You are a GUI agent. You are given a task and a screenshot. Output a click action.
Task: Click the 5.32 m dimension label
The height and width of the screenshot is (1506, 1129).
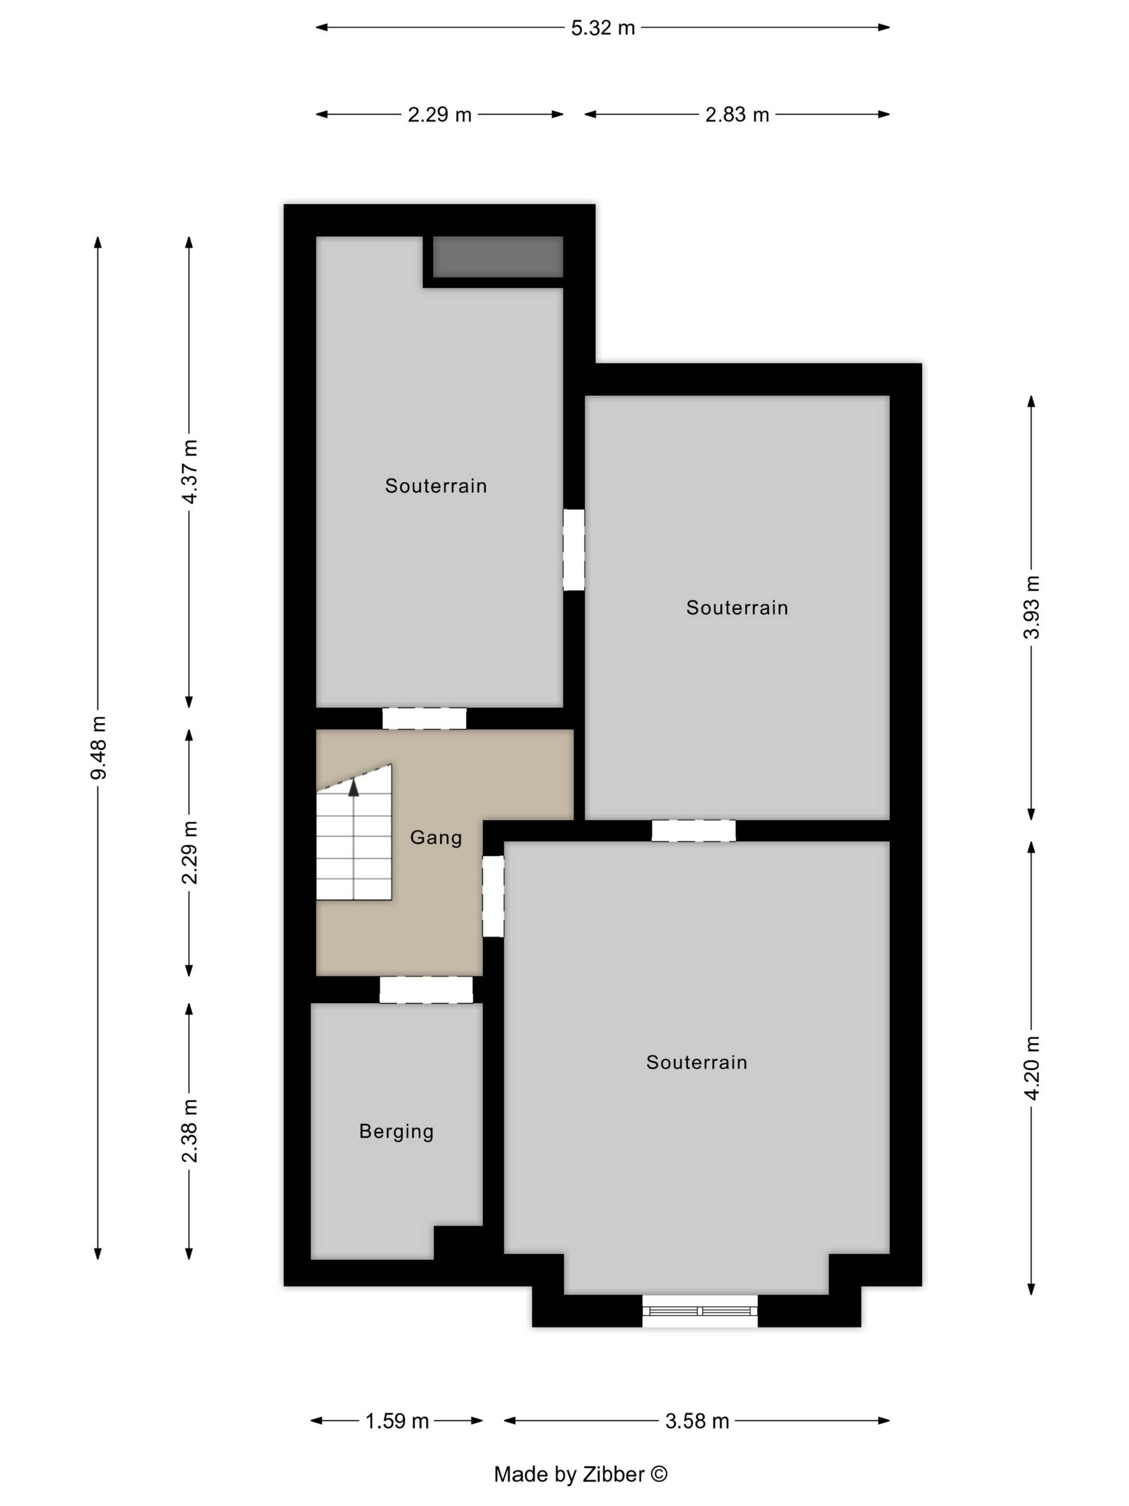coord(602,28)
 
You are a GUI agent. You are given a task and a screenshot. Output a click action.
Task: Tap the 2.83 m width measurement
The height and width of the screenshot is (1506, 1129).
coord(737,115)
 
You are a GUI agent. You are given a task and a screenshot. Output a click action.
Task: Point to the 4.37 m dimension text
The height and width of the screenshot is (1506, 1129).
coord(190,471)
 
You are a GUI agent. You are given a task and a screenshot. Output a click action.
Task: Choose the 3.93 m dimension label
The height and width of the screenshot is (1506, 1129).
coord(1032,607)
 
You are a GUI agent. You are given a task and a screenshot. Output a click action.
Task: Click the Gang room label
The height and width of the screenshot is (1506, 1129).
coord(435,837)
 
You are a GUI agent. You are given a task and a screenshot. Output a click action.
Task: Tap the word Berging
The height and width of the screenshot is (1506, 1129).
coord(396,1131)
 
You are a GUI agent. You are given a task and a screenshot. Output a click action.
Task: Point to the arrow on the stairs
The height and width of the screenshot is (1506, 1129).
coord(353,788)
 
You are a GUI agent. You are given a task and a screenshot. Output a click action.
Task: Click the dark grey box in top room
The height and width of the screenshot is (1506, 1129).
coord(497,257)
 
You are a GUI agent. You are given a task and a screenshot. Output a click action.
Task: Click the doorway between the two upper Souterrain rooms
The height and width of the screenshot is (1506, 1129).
coord(573,550)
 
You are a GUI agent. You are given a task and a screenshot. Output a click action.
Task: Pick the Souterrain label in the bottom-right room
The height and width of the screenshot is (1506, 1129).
coord(696,1062)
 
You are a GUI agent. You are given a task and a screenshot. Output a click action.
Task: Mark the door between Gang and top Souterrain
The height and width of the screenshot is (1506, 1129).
coord(424,718)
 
